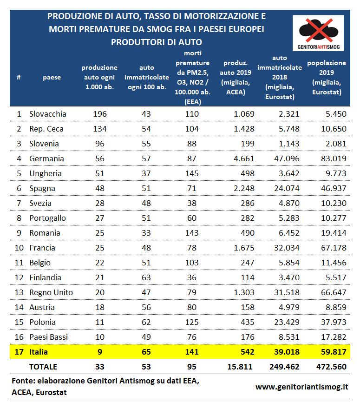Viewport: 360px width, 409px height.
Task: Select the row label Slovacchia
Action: click(47, 114)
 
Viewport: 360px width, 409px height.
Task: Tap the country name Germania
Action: click(46, 158)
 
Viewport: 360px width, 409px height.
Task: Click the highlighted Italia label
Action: click(39, 352)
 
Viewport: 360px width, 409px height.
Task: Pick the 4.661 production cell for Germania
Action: click(242, 158)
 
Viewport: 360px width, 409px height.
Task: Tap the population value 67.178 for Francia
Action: click(334, 248)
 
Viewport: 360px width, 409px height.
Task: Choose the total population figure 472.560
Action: click(331, 367)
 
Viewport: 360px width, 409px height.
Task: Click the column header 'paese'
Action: click(52, 77)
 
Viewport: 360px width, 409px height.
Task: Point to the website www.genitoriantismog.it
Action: click(301, 386)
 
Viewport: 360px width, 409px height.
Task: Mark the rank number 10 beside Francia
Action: click(19, 248)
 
